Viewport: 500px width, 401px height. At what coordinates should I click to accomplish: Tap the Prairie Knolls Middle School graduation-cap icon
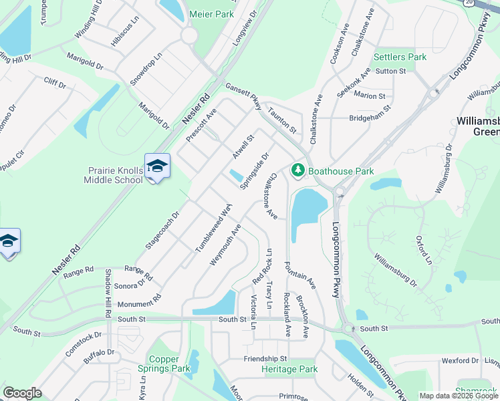tap(157, 166)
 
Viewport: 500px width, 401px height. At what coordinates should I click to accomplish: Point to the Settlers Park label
tap(400, 57)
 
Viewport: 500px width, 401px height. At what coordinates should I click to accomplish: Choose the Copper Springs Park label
tap(164, 364)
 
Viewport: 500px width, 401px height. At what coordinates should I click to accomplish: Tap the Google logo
tap(22, 393)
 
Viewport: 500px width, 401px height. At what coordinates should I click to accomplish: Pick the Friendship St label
tap(265, 359)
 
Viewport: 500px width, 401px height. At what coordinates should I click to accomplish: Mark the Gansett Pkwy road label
tap(243, 98)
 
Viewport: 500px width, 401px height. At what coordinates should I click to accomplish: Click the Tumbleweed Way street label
tap(213, 229)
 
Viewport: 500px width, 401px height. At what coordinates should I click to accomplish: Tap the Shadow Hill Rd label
tap(108, 293)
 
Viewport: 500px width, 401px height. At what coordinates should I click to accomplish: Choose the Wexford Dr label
tap(460, 361)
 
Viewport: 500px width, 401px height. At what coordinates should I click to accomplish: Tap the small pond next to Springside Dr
tap(236, 176)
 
